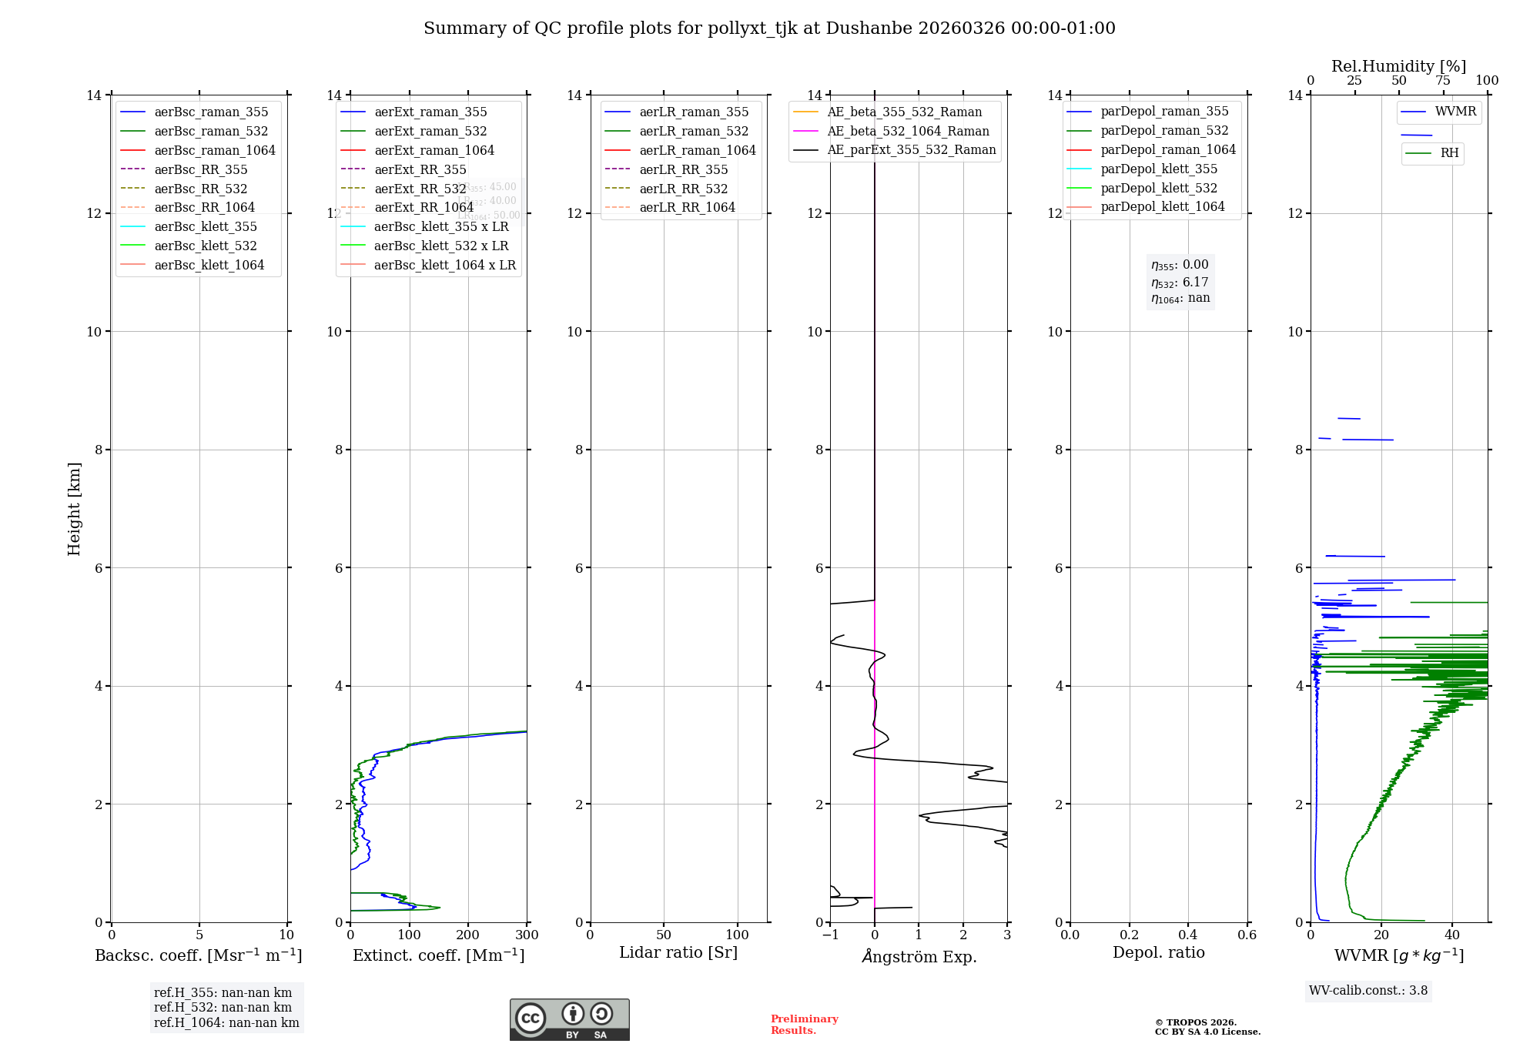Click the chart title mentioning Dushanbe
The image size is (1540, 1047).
coord(769,28)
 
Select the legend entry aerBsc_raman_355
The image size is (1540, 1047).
coord(211,112)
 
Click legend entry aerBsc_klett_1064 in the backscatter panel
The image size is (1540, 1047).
coord(209,265)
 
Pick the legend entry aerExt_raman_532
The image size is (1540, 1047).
coord(430,132)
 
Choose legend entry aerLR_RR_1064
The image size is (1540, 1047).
coord(687,207)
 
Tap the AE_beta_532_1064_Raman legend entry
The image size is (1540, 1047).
coord(908,132)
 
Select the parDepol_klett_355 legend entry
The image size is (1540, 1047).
coord(1159,169)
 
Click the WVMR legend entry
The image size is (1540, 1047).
coord(1455,112)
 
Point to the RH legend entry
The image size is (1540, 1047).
coord(1449,153)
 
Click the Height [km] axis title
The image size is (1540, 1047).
coord(74,509)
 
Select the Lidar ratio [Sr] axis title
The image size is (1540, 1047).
coord(678,953)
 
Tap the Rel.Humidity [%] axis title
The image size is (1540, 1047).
coord(1398,66)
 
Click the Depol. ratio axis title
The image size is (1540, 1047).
coord(1158,953)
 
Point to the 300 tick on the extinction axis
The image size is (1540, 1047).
coord(527,935)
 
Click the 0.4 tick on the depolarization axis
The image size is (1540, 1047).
coord(1188,935)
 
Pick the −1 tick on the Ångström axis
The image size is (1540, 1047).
coord(830,935)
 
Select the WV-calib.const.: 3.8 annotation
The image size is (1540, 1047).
coord(1368,991)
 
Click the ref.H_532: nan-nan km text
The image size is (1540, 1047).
coord(223,1008)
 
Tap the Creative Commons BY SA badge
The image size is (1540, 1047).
coord(569,1020)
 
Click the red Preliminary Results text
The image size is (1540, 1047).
coord(804,1025)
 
